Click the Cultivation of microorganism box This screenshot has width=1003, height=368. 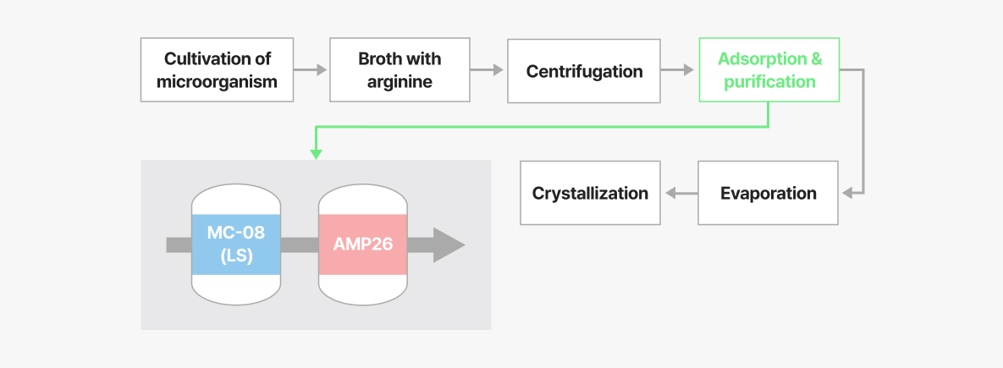click(217, 69)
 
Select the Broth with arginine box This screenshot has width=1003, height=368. click(400, 69)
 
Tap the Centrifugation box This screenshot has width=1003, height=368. click(584, 71)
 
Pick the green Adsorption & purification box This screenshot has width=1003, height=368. click(769, 69)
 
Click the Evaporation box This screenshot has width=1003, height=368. click(769, 193)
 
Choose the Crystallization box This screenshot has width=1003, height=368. click(591, 193)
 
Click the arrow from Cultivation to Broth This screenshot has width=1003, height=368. click(311, 70)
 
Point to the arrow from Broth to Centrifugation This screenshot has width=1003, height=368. click(488, 70)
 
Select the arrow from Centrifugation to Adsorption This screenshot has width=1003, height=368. click(677, 70)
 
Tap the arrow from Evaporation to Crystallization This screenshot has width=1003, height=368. click(681, 193)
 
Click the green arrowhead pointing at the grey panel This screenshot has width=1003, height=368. click(316, 154)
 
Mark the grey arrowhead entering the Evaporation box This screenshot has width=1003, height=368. click(847, 193)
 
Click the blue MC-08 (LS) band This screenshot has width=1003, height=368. click(236, 244)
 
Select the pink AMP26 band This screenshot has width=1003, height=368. click(363, 244)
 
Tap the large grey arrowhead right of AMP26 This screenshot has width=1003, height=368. click(449, 244)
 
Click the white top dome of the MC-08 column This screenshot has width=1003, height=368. click(236, 200)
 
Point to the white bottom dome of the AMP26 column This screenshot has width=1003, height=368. click(363, 289)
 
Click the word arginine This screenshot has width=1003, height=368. click(400, 82)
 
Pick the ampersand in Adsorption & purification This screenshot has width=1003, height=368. click(816, 58)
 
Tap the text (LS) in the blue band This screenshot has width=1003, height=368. click(236, 257)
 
